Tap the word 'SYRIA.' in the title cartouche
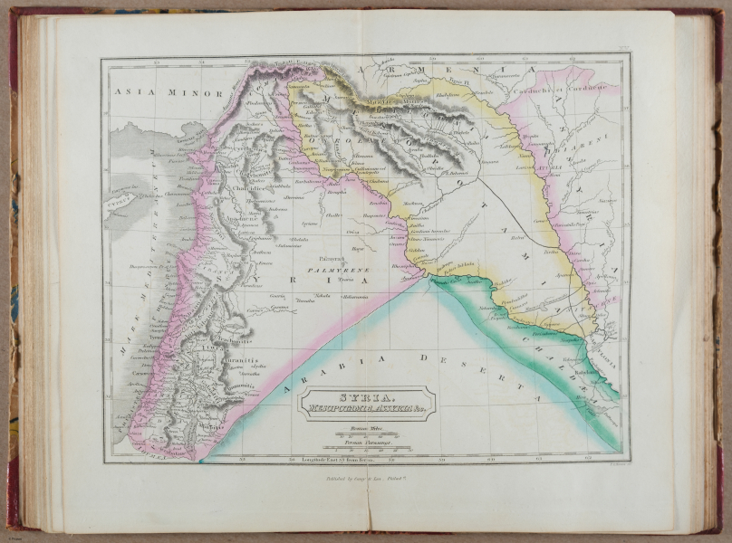point(368,396)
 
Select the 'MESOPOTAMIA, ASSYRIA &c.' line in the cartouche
point(368,408)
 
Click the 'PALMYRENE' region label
point(337,270)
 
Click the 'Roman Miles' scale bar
point(368,433)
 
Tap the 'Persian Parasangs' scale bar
point(368,444)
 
